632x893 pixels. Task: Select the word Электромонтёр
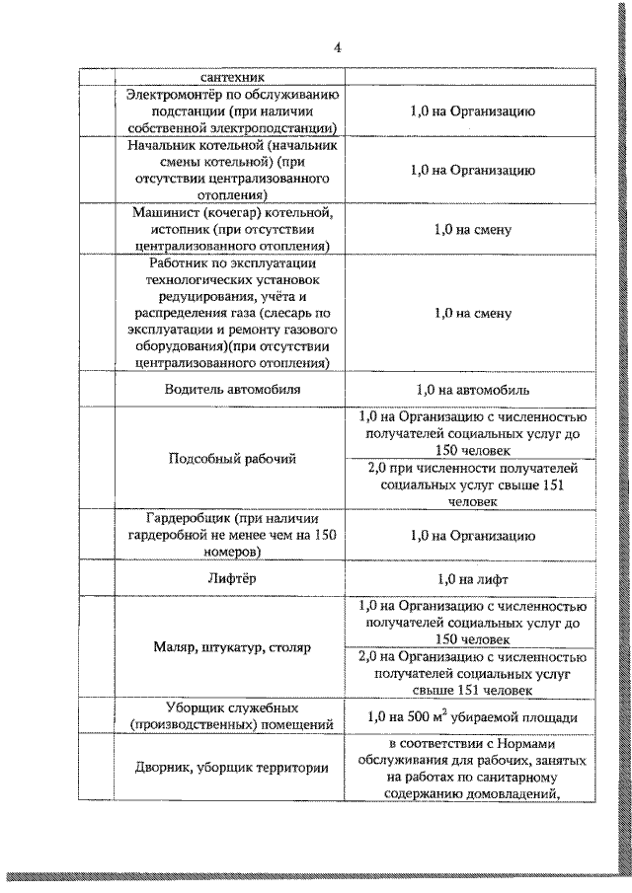point(170,96)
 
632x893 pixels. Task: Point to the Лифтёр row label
point(232,579)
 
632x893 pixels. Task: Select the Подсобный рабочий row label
point(232,459)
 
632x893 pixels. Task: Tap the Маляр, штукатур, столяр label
point(232,648)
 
